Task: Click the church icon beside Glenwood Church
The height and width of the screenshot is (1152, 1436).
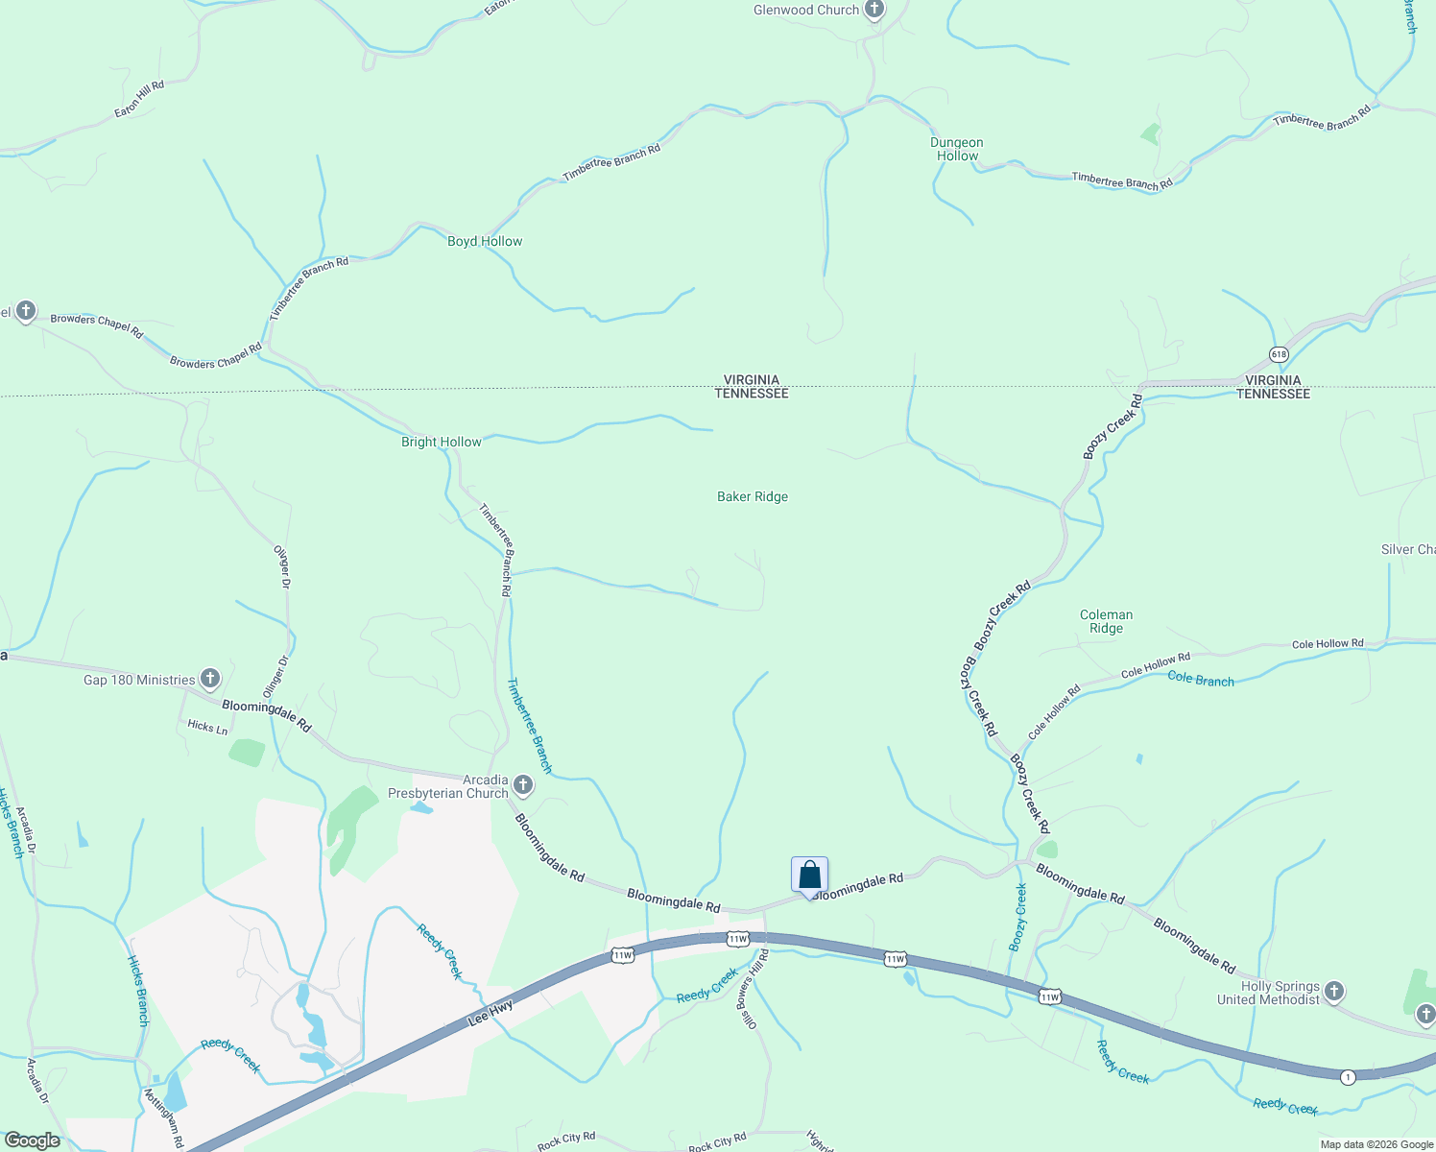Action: (x=874, y=11)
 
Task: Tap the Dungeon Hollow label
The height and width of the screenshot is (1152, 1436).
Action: (x=957, y=149)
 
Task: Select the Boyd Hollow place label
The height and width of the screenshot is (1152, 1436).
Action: (x=485, y=241)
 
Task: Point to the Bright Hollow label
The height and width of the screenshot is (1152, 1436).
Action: (x=442, y=442)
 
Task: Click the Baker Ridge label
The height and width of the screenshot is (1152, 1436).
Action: (x=753, y=496)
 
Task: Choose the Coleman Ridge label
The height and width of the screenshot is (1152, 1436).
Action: (x=1106, y=621)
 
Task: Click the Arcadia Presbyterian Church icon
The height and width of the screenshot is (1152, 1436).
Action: (x=523, y=786)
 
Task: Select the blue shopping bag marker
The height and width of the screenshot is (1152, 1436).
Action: (x=809, y=875)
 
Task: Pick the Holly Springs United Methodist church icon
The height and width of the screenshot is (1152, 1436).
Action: (x=1334, y=992)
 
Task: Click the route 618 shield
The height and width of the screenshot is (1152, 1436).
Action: (x=1279, y=354)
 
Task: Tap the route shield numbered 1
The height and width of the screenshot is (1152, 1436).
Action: (x=1348, y=1077)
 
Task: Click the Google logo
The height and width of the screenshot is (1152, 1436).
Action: (x=32, y=1140)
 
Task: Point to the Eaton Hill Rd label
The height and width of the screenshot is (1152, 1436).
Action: (x=139, y=99)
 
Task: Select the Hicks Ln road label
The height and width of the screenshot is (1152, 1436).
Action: (x=207, y=727)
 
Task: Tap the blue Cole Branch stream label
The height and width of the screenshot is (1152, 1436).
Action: (x=1201, y=679)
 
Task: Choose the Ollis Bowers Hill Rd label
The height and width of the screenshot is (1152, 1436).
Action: (x=754, y=991)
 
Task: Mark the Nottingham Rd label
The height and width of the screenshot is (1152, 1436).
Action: (x=163, y=1117)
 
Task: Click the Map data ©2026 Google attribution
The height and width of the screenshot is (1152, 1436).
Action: (x=1376, y=1144)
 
